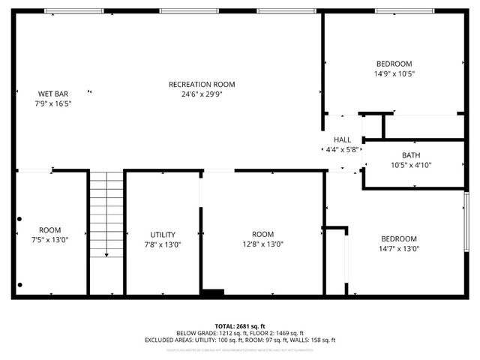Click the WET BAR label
(52, 94)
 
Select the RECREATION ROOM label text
(202, 84)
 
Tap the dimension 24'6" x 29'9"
(202, 94)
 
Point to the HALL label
(342, 139)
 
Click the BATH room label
(410, 155)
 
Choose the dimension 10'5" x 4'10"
(410, 166)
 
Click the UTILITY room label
(162, 234)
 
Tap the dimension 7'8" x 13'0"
(162, 244)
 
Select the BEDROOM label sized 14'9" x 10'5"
(394, 64)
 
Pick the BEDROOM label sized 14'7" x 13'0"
(398, 238)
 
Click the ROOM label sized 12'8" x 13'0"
(262, 233)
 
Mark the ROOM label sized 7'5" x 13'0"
(50, 229)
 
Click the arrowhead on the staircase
(106, 255)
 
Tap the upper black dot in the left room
(20, 220)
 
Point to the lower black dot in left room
(20, 284)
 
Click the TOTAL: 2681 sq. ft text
(239, 326)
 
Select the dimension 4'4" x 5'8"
(342, 150)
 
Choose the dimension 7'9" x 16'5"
(52, 104)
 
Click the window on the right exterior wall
(467, 222)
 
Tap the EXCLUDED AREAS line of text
(239, 340)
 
